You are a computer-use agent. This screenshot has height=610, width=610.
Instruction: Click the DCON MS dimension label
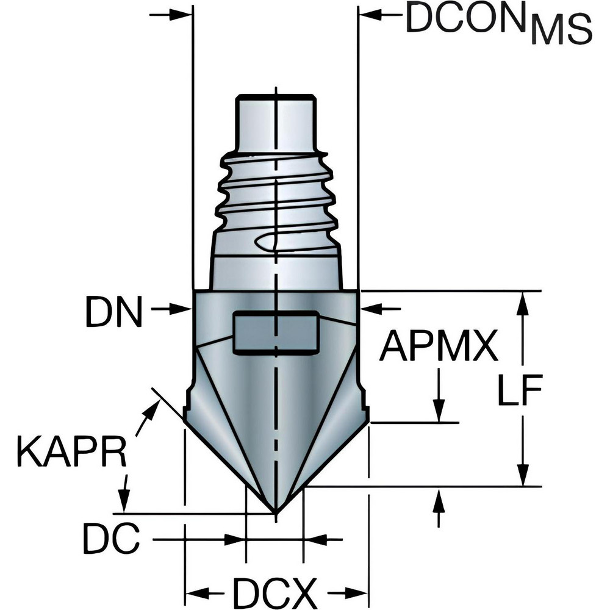click(497, 23)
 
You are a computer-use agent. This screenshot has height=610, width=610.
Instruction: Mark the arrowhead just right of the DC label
click(235, 540)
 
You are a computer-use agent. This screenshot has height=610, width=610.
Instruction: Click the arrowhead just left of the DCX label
click(195, 592)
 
